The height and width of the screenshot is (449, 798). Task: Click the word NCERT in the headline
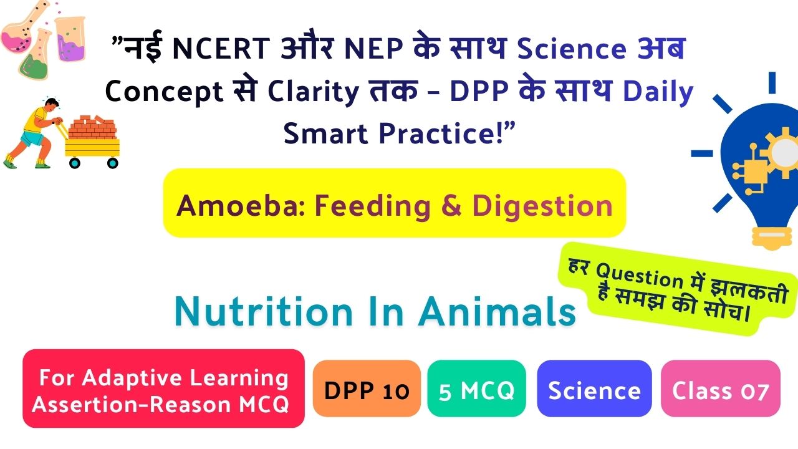pyautogui.click(x=221, y=49)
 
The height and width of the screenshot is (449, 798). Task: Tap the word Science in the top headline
pyautogui.click(x=572, y=49)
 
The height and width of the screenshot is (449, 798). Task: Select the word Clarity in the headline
pyautogui.click(x=313, y=92)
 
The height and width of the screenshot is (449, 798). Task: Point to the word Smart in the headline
pyautogui.click(x=325, y=134)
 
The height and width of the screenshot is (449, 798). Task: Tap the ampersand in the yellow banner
pyautogui.click(x=451, y=206)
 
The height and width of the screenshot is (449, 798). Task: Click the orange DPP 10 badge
pyautogui.click(x=367, y=389)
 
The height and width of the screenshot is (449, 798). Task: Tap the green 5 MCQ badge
pyautogui.click(x=477, y=389)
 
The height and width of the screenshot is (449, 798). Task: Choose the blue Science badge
pyautogui.click(x=594, y=389)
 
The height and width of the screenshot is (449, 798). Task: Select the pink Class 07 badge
pyautogui.click(x=720, y=389)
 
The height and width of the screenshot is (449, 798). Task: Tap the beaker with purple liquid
pyautogui.click(x=70, y=39)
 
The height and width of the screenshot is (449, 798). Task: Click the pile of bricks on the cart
pyautogui.click(x=93, y=127)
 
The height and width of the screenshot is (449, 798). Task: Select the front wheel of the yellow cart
pyautogui.click(x=113, y=163)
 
